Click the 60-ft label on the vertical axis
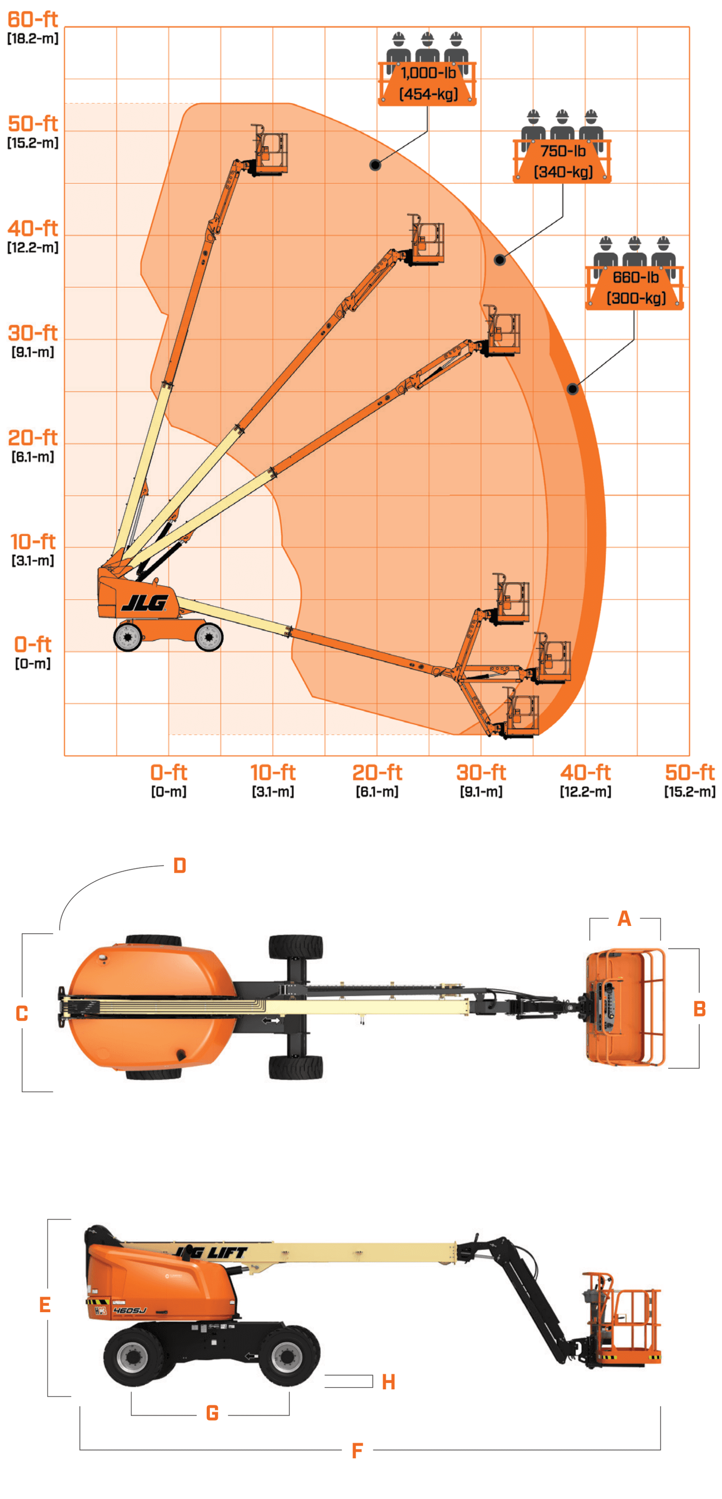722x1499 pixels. [x=32, y=19]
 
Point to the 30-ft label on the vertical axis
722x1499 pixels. [x=32, y=333]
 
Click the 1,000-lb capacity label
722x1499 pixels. [x=428, y=73]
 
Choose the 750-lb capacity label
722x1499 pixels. [x=563, y=151]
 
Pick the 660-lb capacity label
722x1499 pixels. [x=635, y=277]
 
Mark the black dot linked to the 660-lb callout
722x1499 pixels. [x=573, y=389]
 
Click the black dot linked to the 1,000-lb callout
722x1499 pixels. [x=375, y=165]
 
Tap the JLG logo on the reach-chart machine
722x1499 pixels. [x=145, y=603]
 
